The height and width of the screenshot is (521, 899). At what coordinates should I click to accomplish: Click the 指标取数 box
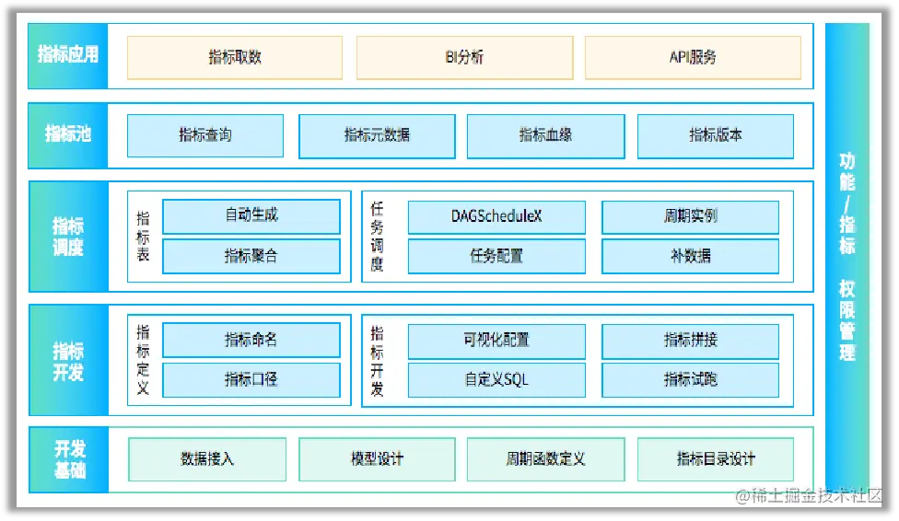pyautogui.click(x=235, y=57)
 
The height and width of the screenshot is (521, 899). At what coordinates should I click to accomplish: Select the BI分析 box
pyautogui.click(x=464, y=57)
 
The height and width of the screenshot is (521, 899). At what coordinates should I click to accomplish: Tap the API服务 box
pyautogui.click(x=693, y=57)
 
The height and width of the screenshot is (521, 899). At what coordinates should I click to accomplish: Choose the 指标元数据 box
pyautogui.click(x=377, y=135)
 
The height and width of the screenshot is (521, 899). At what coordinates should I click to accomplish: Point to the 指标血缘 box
pyautogui.click(x=545, y=135)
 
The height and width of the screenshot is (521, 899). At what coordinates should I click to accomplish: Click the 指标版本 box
pyautogui.click(x=716, y=135)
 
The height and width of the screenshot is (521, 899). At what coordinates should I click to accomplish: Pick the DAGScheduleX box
pyautogui.click(x=496, y=216)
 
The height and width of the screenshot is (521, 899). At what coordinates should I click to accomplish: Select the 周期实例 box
pyautogui.click(x=690, y=216)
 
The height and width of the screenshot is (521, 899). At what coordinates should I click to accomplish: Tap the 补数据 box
pyautogui.click(x=690, y=257)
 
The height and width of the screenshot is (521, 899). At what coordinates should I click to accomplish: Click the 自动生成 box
pyautogui.click(x=251, y=216)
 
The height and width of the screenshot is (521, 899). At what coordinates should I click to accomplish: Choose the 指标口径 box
pyautogui.click(x=251, y=379)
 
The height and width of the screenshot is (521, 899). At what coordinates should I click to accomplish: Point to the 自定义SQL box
pyautogui.click(x=496, y=379)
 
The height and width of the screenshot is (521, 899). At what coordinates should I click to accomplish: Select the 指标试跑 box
pyautogui.click(x=690, y=379)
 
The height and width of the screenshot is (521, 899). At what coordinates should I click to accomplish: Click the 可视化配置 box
pyautogui.click(x=496, y=340)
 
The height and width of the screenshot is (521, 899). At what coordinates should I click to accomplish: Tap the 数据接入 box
pyautogui.click(x=207, y=458)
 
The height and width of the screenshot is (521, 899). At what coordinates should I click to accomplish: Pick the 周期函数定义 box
pyautogui.click(x=545, y=458)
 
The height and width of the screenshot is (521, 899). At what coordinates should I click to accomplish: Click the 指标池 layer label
pyautogui.click(x=68, y=134)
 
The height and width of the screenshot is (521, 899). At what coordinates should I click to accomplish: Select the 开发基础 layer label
pyautogui.click(x=69, y=458)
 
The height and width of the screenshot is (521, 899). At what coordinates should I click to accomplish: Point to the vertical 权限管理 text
pyautogui.click(x=847, y=321)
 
